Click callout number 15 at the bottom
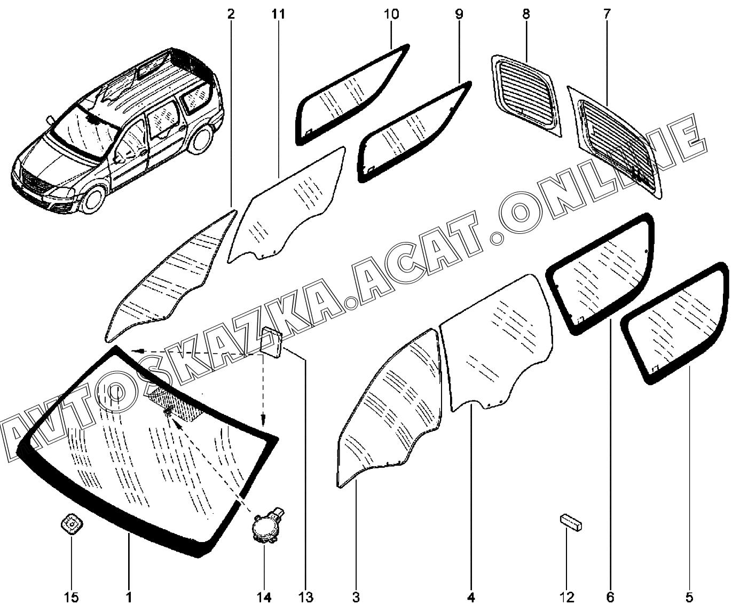coord(71,598)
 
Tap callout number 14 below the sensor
coord(264,598)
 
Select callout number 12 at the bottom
coord(566,598)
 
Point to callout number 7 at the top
coord(607,14)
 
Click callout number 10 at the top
coord(391,14)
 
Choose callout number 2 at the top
coord(231,14)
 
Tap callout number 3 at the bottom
coord(356,598)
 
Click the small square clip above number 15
coord(71,523)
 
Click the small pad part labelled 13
coord(272,342)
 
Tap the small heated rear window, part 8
coord(526,95)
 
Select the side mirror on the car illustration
coord(51,120)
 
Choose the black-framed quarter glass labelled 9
coord(414,131)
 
